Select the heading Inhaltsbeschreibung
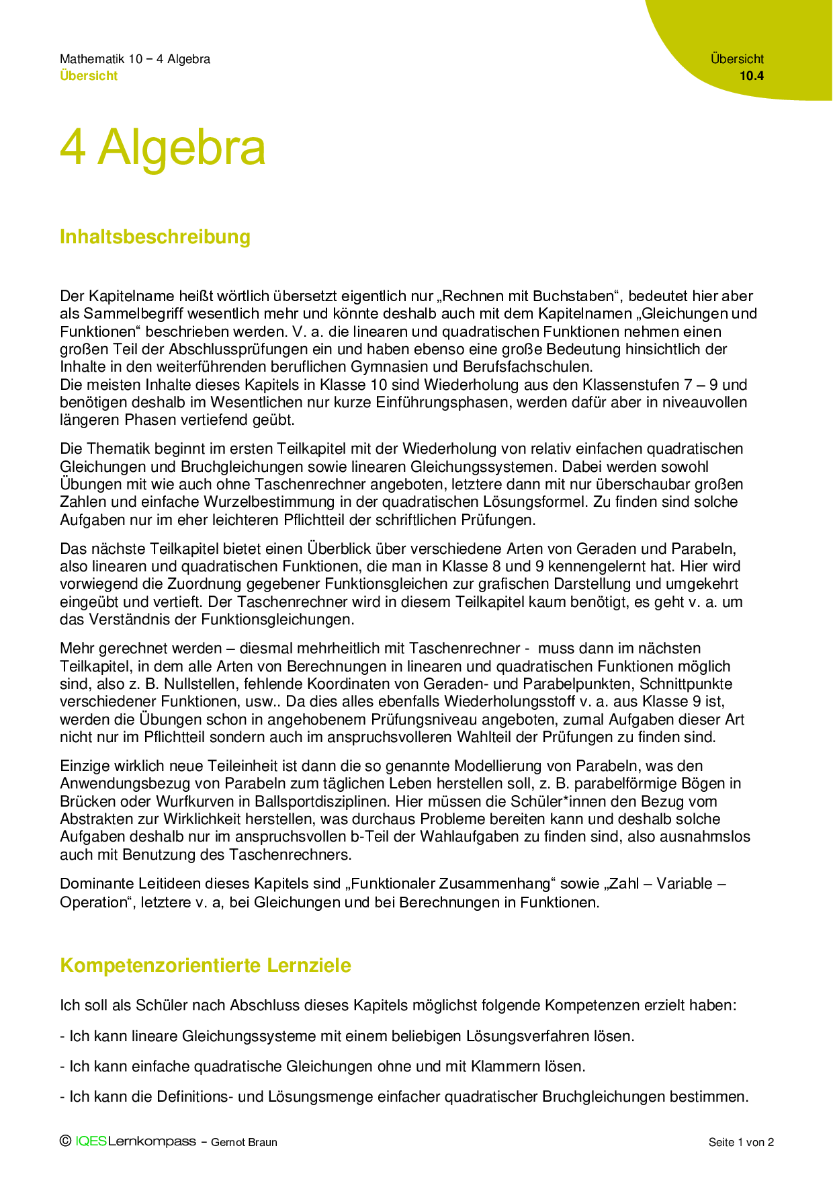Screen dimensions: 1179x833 (x=155, y=237)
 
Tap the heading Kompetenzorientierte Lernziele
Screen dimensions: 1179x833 (x=206, y=965)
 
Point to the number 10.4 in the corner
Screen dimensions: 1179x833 (x=752, y=76)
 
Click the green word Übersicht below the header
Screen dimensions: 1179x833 (x=89, y=76)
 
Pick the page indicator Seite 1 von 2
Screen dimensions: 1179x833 (x=741, y=1142)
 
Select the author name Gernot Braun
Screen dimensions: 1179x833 (x=244, y=1142)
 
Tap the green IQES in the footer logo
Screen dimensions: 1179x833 (x=91, y=1141)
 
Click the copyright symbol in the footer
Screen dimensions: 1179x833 (x=65, y=1141)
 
